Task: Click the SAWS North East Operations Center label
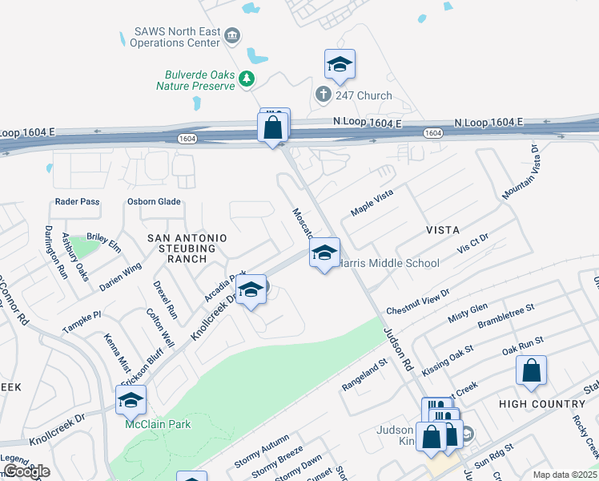[x=176, y=36]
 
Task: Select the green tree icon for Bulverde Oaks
[x=247, y=78]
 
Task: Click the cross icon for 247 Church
[x=324, y=95]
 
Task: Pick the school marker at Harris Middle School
[x=324, y=254]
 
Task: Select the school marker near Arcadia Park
[x=251, y=292]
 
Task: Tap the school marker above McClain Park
[x=131, y=401]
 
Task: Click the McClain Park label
[x=158, y=424]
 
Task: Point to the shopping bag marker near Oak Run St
[x=531, y=371]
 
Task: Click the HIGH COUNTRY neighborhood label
[x=542, y=404]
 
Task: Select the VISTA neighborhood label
[x=443, y=230]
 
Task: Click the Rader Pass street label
[x=78, y=202]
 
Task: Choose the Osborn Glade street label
[x=154, y=202]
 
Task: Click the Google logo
[x=26, y=471]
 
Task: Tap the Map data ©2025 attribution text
[x=564, y=475]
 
